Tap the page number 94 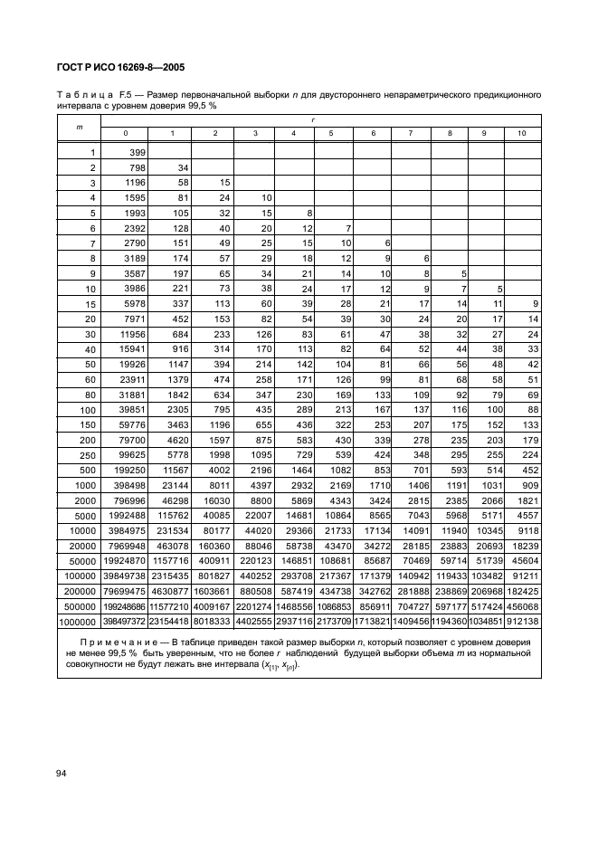pos(63,772)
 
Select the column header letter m pos(79,126)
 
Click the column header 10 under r pos(521,134)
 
